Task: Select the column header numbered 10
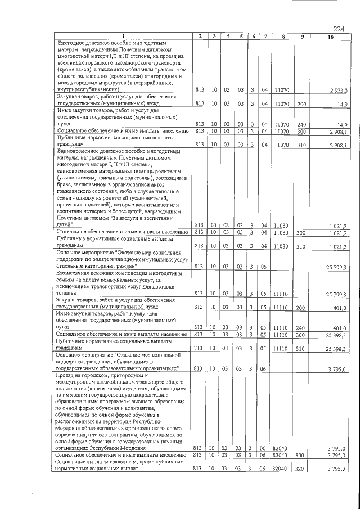(330, 37)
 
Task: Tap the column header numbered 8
(283, 37)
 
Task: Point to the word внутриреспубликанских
(87, 89)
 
